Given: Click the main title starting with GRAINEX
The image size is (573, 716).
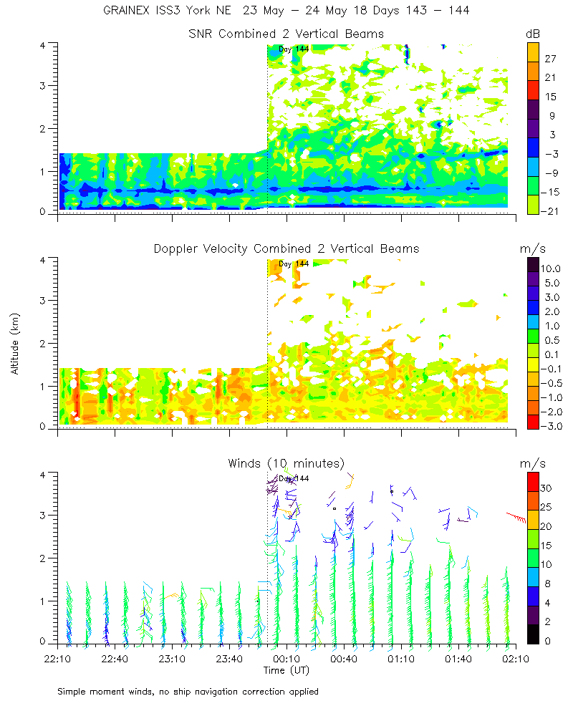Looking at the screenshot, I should click(286, 11).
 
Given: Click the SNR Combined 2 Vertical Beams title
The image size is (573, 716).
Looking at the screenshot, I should click(286, 34).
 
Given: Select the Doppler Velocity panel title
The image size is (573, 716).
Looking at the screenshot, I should click(286, 248).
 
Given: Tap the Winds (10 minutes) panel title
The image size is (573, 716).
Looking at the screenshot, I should click(286, 463).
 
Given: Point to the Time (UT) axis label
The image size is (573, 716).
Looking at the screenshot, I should click(286, 670).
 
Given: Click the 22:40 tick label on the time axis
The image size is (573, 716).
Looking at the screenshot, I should click(115, 657).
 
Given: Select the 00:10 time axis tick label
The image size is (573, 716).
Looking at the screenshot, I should click(286, 657).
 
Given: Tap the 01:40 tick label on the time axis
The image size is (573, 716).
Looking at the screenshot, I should click(458, 657).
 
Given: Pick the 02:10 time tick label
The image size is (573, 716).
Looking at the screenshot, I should click(515, 657).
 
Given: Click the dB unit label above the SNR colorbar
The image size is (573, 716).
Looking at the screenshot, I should click(533, 34).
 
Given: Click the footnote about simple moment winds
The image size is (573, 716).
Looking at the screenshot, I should click(188, 692).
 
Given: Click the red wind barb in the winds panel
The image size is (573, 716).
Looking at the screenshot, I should click(516, 516).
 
